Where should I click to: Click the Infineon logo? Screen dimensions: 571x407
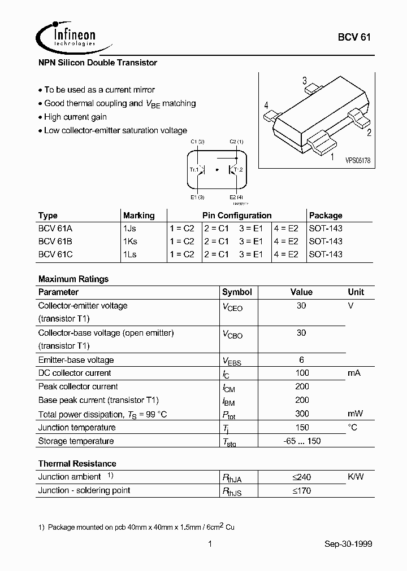[67, 37]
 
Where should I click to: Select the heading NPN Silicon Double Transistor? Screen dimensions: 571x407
[97, 63]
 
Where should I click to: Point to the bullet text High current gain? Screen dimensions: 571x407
[75, 117]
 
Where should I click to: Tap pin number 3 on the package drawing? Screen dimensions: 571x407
[304, 80]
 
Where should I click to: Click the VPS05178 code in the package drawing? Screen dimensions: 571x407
[357, 161]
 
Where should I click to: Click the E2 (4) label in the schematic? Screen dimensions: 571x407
[236, 197]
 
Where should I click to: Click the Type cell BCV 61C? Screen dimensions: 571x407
[55, 254]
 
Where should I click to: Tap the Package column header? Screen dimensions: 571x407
[326, 216]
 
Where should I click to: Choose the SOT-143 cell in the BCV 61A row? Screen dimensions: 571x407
[326, 229]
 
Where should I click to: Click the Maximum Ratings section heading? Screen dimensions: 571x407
[73, 279]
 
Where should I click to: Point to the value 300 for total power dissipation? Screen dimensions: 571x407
[301, 414]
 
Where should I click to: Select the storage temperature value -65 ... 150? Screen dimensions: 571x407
[301, 441]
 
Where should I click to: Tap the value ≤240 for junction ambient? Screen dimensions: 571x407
[301, 477]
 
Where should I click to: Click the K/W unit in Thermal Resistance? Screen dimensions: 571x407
[356, 477]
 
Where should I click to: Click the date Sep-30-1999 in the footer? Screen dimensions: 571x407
[348, 544]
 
